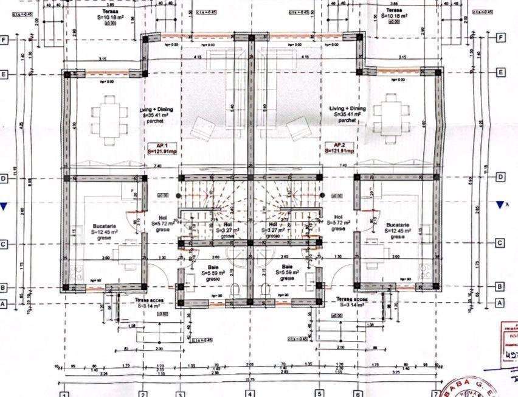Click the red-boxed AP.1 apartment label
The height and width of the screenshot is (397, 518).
point(162,148)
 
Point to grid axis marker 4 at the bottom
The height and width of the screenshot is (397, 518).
point(250,393)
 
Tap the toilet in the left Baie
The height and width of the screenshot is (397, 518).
point(241,292)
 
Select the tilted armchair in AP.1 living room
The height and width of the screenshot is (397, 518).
point(201,128)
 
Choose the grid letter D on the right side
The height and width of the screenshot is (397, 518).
point(500,177)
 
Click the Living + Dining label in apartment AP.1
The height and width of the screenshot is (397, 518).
point(157,110)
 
